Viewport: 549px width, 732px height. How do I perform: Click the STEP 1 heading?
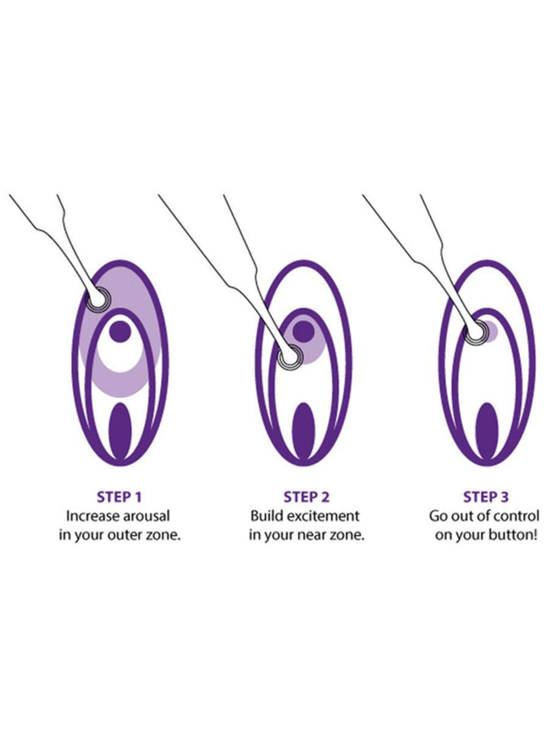click(x=120, y=498)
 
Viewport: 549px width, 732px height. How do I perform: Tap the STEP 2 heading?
click(x=307, y=498)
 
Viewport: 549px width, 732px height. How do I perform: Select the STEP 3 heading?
click(x=486, y=498)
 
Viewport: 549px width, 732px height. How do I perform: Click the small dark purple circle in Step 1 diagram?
click(x=120, y=332)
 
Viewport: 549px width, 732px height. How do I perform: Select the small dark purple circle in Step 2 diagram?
click(x=303, y=331)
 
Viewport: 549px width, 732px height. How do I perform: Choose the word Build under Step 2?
click(x=267, y=516)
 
